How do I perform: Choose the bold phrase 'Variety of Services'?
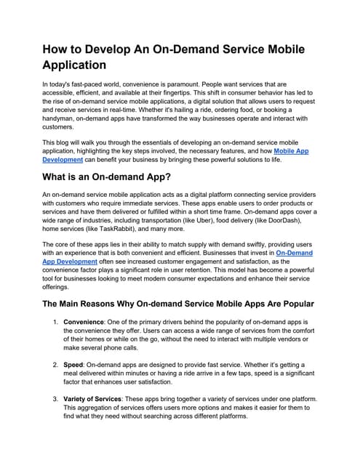tap(99, 399)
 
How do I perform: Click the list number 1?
tap(55, 320)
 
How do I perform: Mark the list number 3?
tap(55, 399)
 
